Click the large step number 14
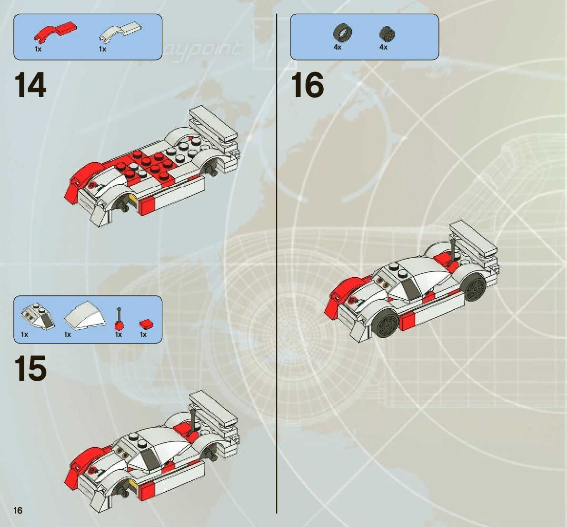pos(31,85)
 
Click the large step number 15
pos(31,368)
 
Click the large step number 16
pos(307,85)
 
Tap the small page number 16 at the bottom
pos(18,511)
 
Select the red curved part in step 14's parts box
pos(55,31)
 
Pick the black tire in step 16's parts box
pos(342,33)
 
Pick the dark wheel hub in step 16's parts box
pos(388,34)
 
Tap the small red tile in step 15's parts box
pos(146,324)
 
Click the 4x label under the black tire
pos(338,47)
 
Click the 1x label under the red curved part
pos(38,49)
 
